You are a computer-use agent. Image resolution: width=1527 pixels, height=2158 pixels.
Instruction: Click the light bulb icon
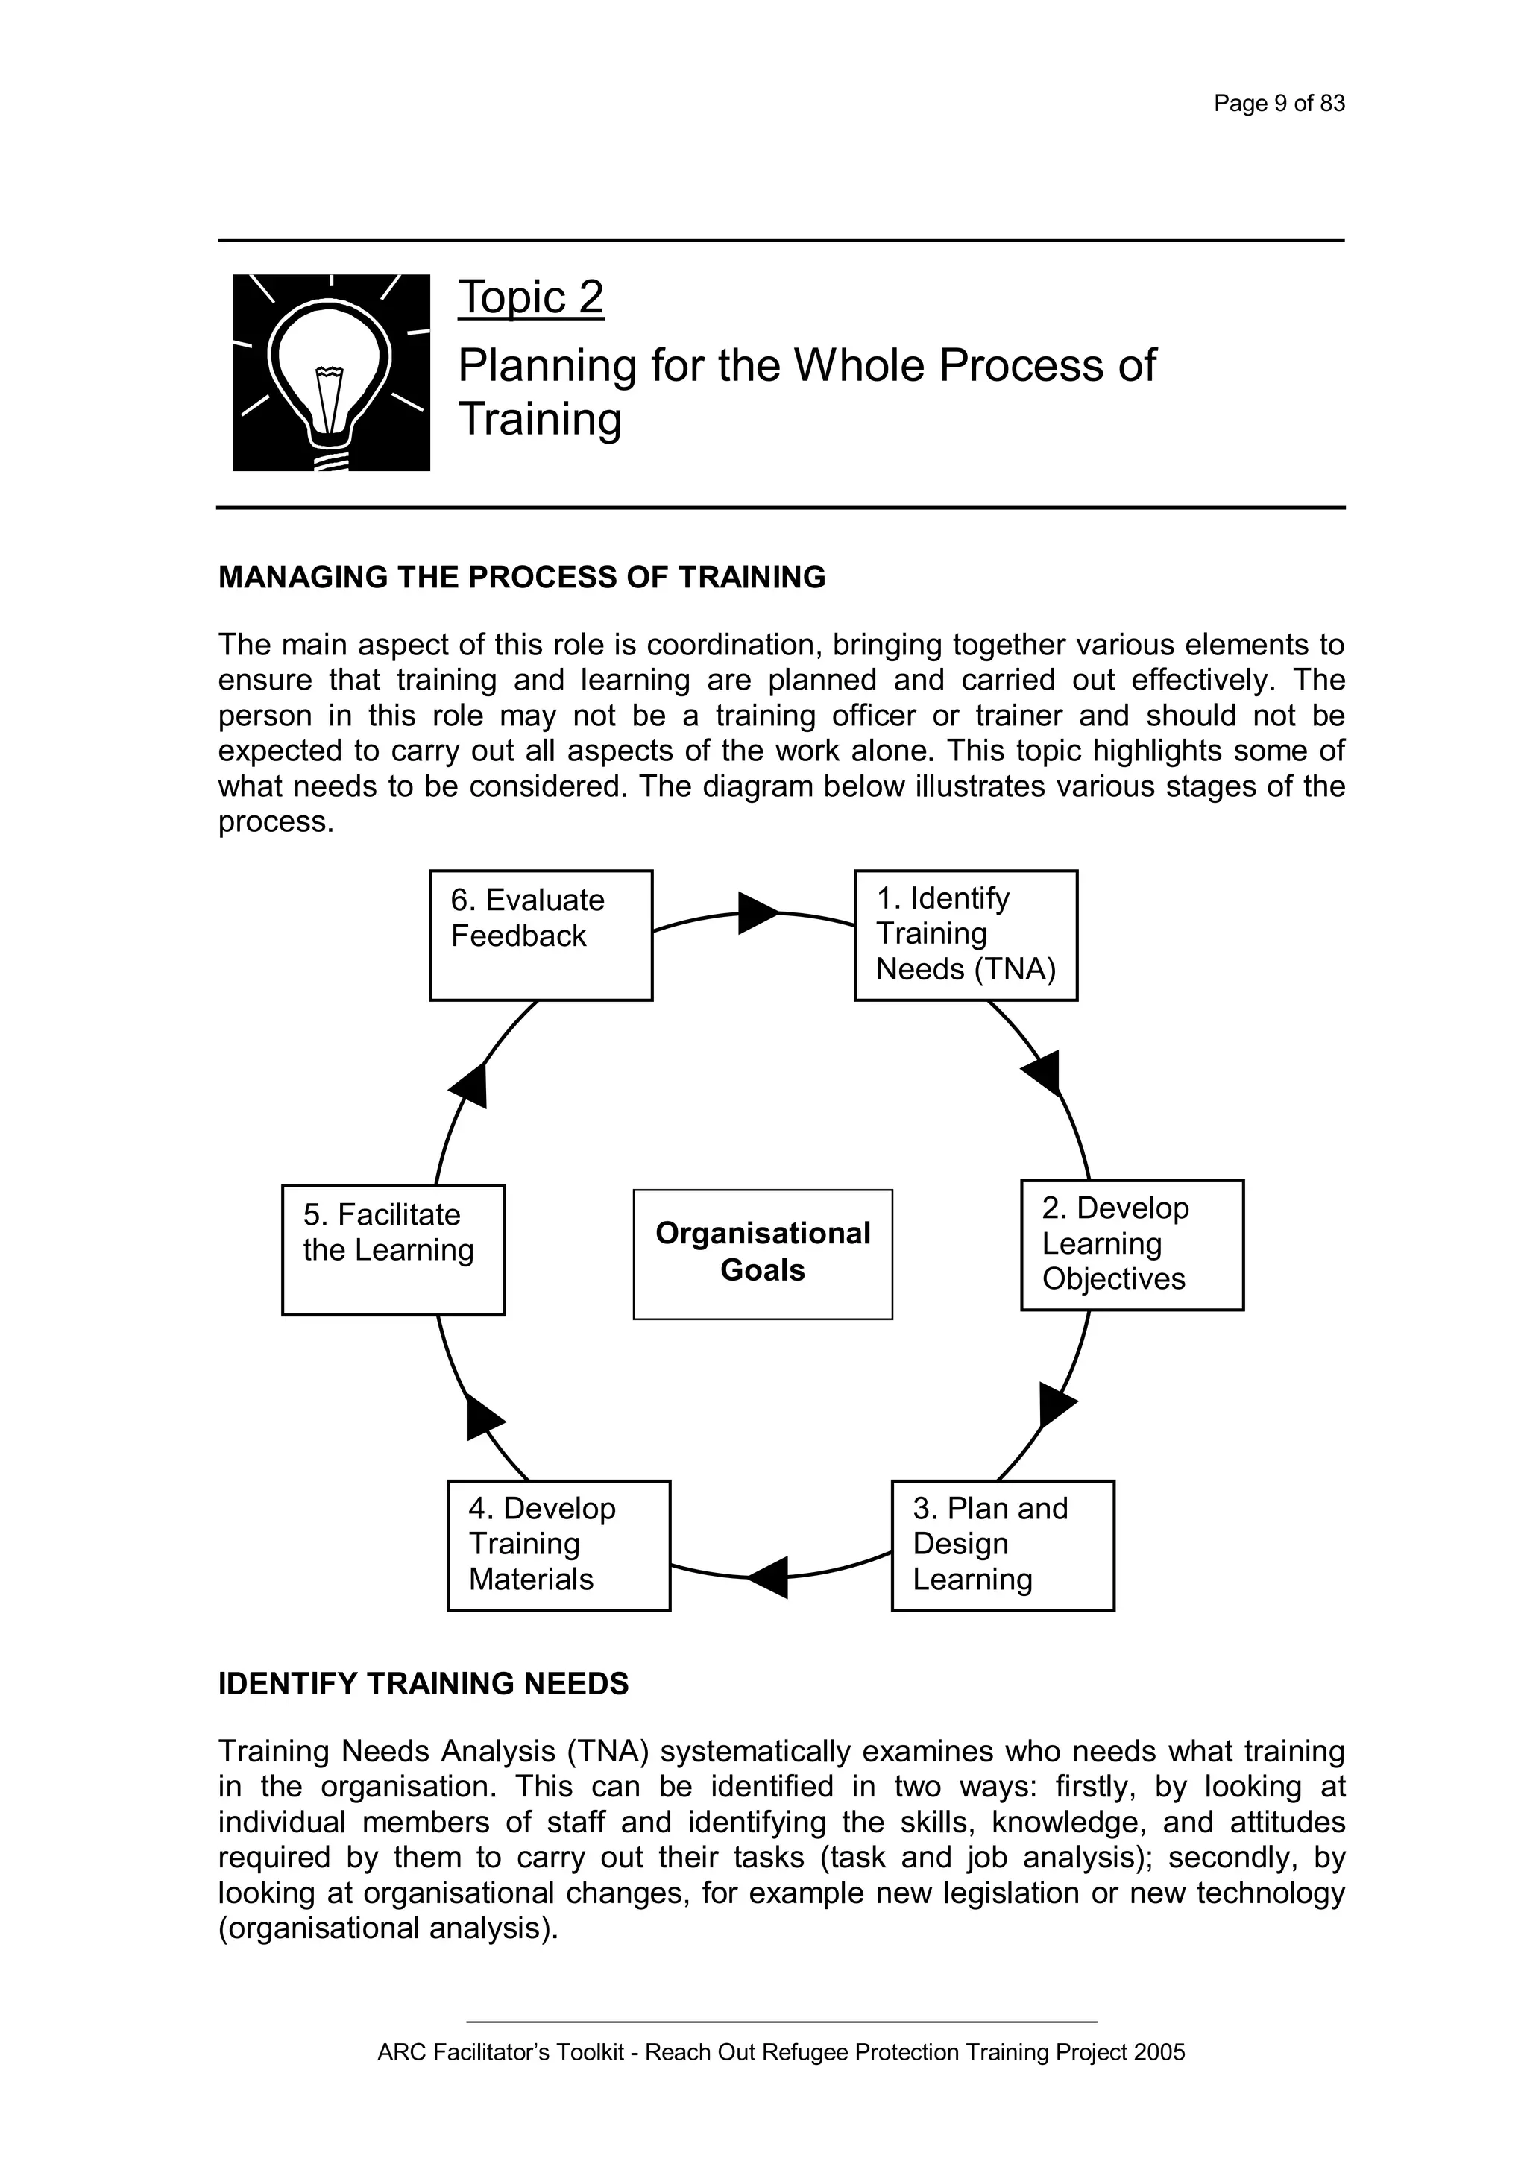(331, 373)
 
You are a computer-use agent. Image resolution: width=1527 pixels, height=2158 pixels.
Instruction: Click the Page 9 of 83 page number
(1279, 104)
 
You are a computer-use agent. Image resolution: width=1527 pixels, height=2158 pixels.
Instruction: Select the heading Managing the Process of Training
(522, 577)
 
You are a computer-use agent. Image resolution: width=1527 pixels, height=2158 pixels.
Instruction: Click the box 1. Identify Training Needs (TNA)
(966, 936)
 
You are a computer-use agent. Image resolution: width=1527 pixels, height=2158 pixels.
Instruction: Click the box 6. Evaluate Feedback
(541, 936)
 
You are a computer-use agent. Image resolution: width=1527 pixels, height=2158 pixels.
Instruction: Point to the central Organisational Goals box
(763, 1254)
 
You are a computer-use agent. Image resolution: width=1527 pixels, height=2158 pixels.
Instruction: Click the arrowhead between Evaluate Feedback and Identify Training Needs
(757, 912)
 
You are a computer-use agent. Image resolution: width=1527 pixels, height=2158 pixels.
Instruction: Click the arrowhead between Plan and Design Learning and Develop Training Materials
(770, 1577)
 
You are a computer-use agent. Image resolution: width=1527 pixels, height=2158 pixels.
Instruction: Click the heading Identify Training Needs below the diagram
(423, 1683)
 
